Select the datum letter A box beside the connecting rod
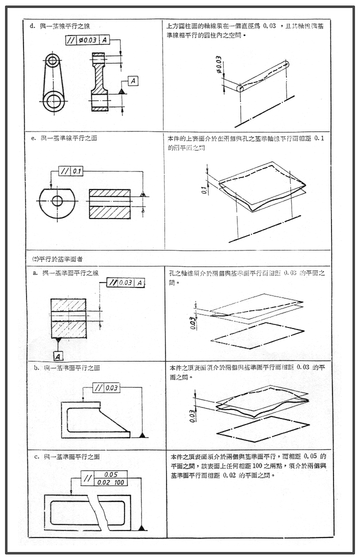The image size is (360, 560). click(133, 80)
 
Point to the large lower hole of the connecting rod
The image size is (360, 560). click(53, 101)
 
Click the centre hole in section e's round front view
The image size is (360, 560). click(57, 201)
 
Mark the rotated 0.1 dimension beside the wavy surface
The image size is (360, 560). click(204, 189)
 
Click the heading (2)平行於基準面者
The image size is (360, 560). click(57, 258)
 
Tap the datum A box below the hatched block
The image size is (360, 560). click(58, 356)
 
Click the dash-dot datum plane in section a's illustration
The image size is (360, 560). click(258, 334)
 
